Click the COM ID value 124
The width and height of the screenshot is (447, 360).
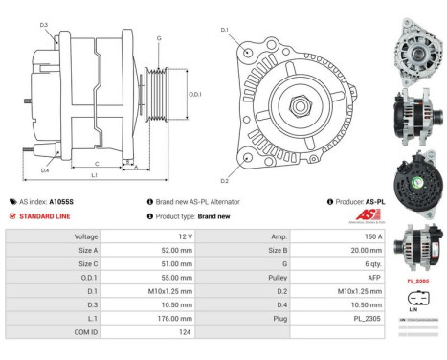(186, 331)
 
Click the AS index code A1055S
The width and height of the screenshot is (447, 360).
(61, 202)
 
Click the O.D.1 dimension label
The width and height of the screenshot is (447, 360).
(195, 93)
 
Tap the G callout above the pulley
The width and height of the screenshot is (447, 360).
(158, 38)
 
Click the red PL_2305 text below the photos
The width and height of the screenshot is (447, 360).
(417, 281)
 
